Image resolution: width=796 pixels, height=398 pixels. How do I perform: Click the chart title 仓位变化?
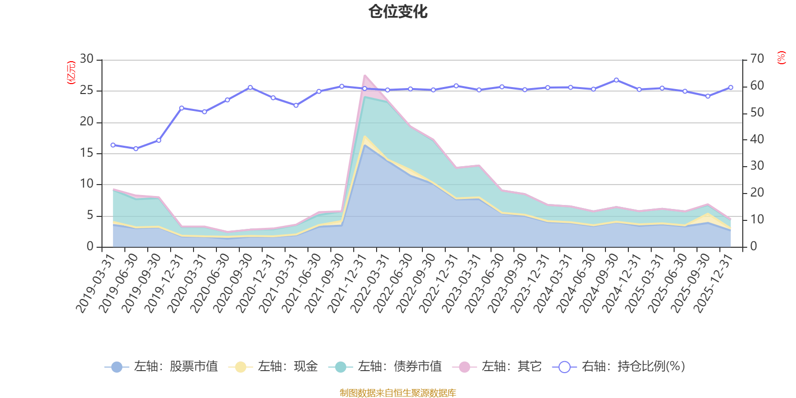pyautogui.click(x=398, y=11)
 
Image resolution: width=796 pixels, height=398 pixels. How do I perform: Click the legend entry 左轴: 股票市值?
pyautogui.click(x=161, y=367)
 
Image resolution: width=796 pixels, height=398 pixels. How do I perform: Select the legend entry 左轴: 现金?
pyautogui.click(x=273, y=367)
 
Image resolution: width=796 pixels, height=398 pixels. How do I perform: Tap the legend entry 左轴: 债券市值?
pyautogui.click(x=385, y=367)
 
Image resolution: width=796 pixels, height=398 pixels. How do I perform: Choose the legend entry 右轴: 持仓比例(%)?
pyautogui.click(x=619, y=367)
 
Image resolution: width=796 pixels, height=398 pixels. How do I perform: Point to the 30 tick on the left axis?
pyautogui.click(x=87, y=59)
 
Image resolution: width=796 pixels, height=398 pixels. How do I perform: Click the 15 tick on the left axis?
pyautogui.click(x=87, y=153)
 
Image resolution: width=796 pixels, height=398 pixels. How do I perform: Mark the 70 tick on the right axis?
pyautogui.click(x=757, y=59)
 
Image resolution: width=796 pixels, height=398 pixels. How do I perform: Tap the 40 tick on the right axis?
pyautogui.click(x=757, y=139)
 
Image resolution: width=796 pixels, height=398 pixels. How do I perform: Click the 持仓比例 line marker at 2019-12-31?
pyautogui.click(x=182, y=108)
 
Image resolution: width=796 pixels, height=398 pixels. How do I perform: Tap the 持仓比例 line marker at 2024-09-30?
pyautogui.click(x=616, y=80)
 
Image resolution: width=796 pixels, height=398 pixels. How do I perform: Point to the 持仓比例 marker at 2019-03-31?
pyautogui.click(x=113, y=145)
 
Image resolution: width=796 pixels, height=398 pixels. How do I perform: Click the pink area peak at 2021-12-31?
pyautogui.click(x=365, y=76)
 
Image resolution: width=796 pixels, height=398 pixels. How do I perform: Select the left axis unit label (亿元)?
pyautogui.click(x=71, y=73)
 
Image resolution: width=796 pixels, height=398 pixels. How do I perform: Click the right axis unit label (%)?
pyautogui.click(x=782, y=58)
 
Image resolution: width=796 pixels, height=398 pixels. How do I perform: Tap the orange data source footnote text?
pyautogui.click(x=398, y=393)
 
